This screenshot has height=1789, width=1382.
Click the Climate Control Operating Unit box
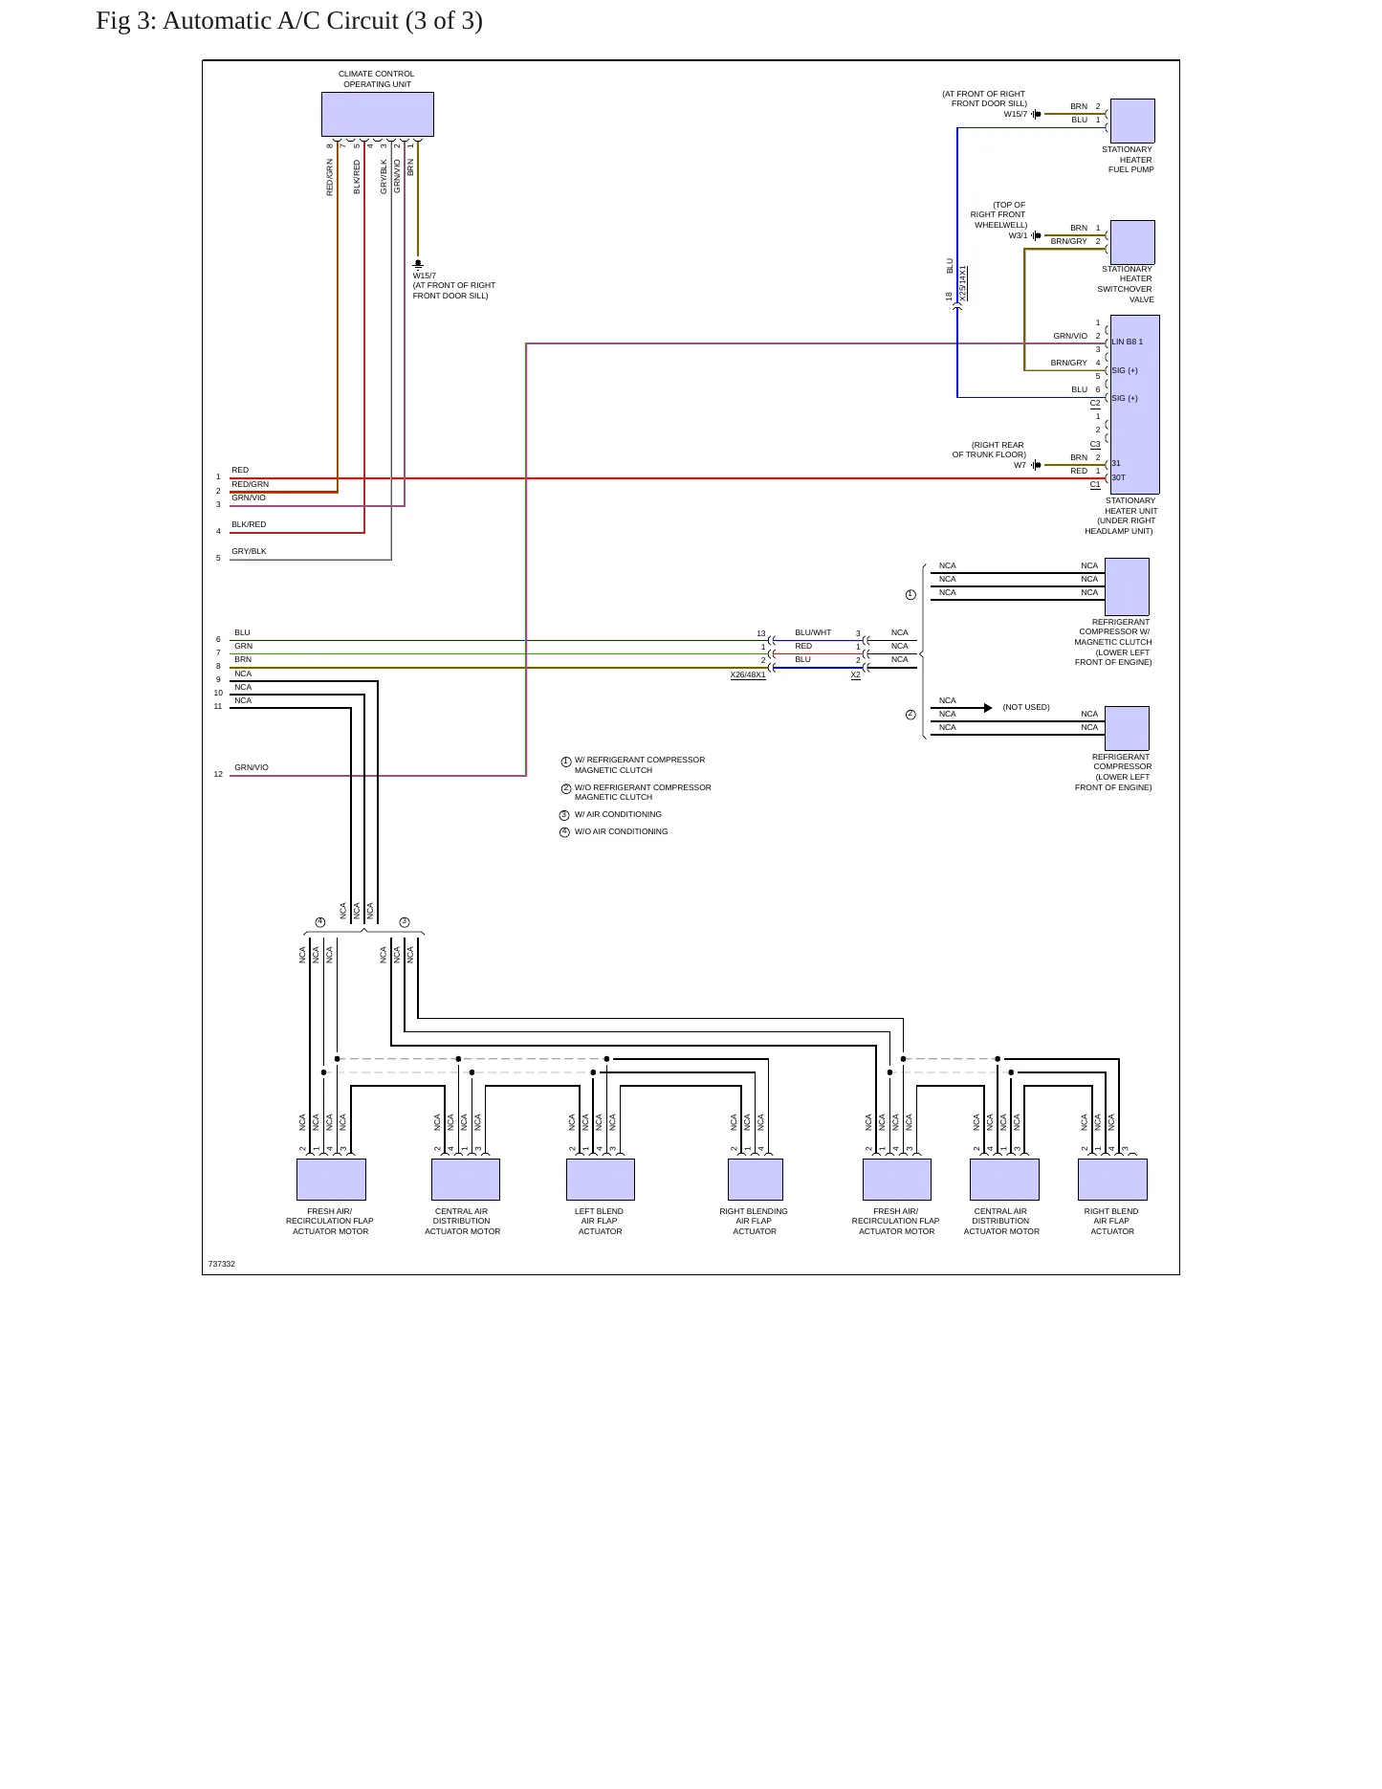tap(378, 114)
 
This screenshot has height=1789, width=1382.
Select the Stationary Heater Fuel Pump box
tap(1132, 121)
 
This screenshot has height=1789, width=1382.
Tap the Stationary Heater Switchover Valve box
tap(1132, 242)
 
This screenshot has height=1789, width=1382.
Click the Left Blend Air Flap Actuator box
tap(601, 1180)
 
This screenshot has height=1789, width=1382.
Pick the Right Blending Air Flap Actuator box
tap(756, 1180)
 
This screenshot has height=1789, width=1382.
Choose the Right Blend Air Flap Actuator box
tap(1112, 1180)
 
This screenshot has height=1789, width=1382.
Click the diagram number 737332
tap(222, 1264)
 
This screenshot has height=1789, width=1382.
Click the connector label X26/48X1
tap(748, 675)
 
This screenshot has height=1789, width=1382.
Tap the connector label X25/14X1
tap(963, 284)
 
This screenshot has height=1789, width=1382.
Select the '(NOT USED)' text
tap(1026, 707)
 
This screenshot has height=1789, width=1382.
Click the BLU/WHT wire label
tap(813, 632)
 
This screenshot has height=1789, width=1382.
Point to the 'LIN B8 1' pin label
tap(1127, 342)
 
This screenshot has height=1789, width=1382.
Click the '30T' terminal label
tap(1118, 477)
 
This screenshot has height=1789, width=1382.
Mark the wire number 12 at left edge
tap(218, 774)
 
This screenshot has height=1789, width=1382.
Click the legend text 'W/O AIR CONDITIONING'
tap(622, 831)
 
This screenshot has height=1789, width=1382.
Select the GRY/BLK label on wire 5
tap(249, 551)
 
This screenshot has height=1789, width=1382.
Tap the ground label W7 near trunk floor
tap(1020, 465)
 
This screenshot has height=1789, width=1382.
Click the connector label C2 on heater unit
tap(1095, 403)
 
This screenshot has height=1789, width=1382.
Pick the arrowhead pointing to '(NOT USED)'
tap(988, 708)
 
